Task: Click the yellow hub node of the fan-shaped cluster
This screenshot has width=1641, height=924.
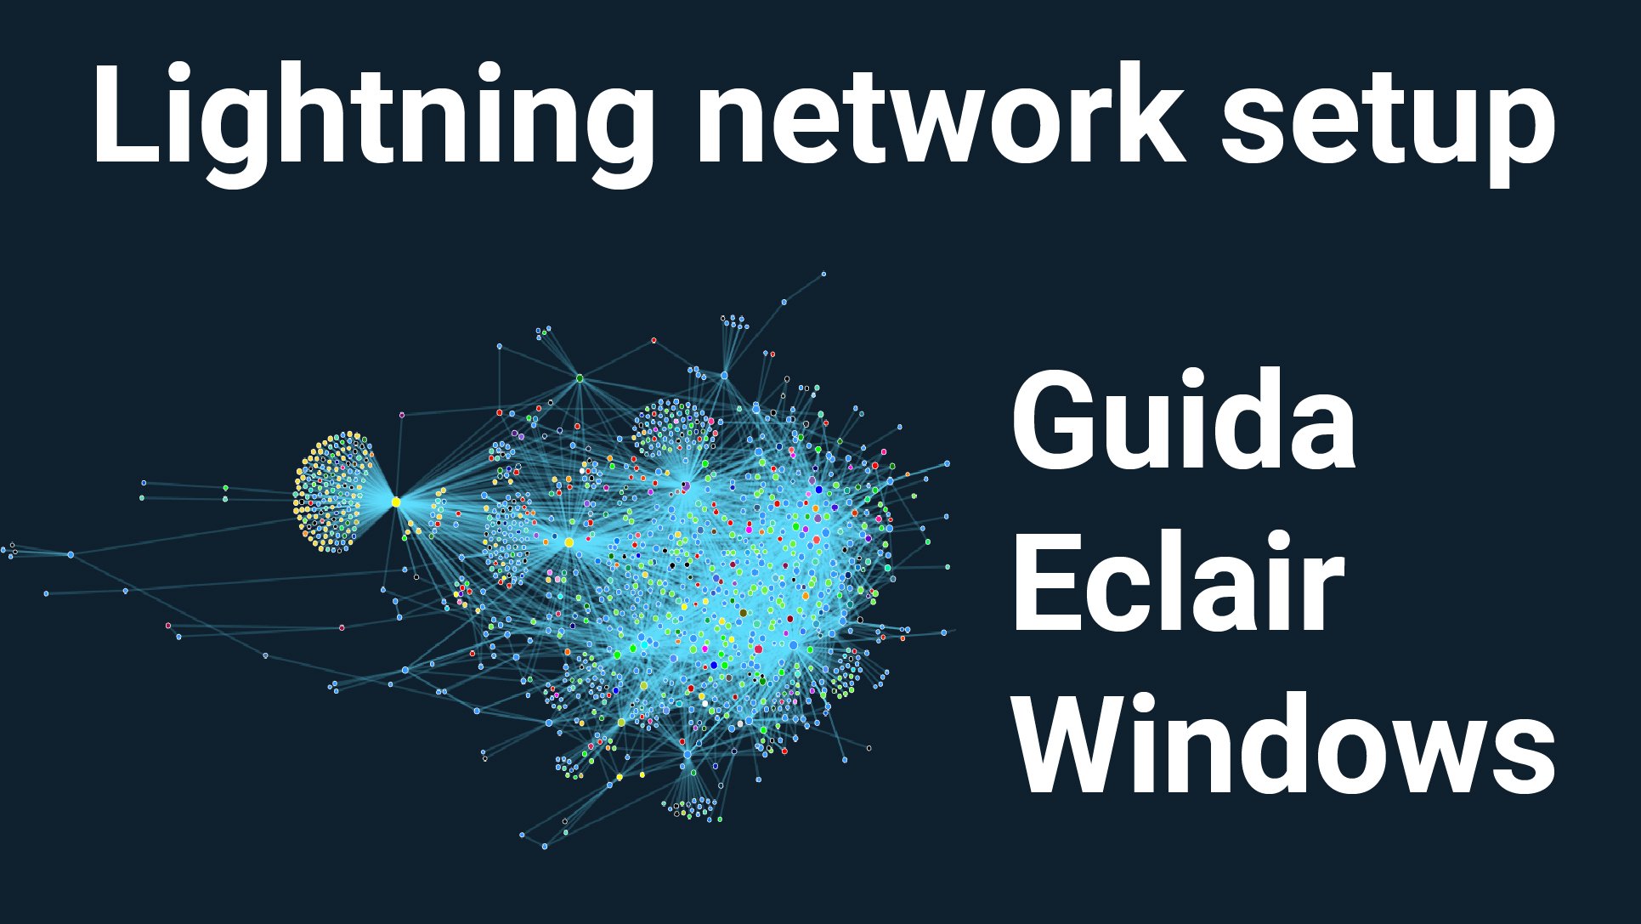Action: pos(396,502)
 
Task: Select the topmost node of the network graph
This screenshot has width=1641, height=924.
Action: pos(823,274)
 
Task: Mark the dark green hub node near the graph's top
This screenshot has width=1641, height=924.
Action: pos(580,378)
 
